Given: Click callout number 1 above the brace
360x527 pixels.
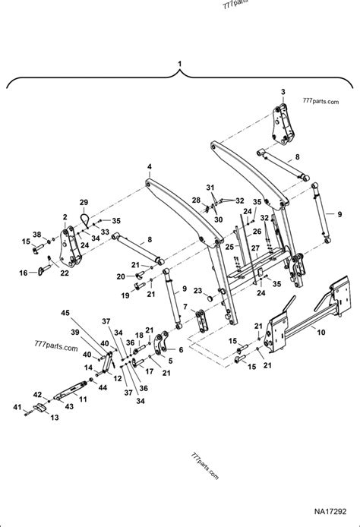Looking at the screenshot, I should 180,63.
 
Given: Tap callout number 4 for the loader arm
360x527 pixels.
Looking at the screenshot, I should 150,166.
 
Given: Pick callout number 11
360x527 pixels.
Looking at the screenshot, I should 82,398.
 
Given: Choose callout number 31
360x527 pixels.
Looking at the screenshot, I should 211,187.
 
